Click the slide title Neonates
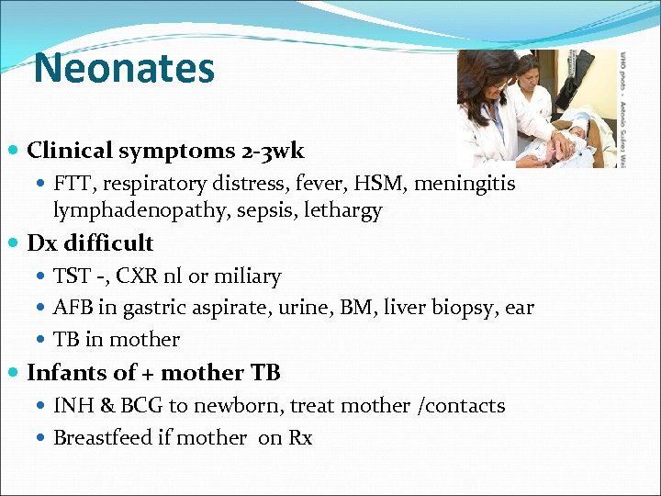pos(124,69)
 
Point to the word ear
pos(519,308)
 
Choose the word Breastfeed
pos(101,437)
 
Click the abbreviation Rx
pos(300,437)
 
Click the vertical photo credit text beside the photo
pos(623,108)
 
